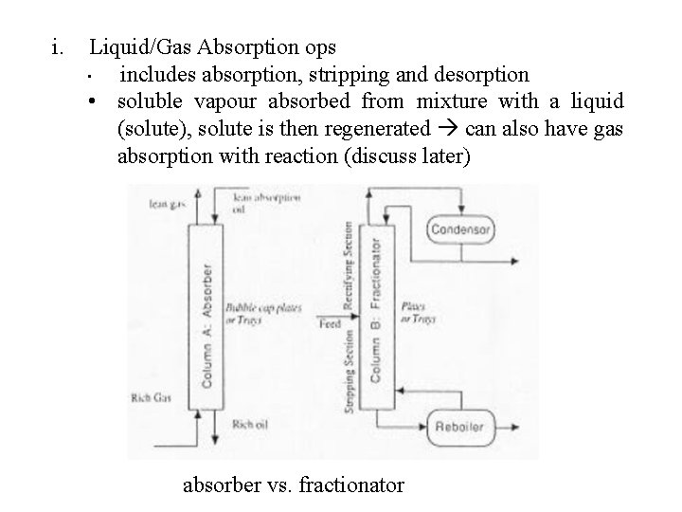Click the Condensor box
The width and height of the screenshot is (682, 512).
(x=460, y=229)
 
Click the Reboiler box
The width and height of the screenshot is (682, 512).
(x=460, y=427)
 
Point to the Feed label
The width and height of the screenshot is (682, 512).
(x=330, y=323)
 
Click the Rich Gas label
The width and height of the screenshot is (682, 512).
(x=151, y=397)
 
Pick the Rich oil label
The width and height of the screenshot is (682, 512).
(x=249, y=424)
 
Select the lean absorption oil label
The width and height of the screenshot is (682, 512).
(x=266, y=204)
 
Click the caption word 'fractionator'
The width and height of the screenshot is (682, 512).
(x=350, y=485)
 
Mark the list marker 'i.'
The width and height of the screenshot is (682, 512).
(x=60, y=46)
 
